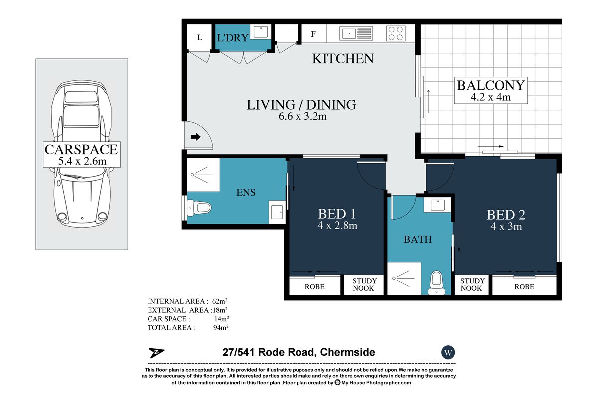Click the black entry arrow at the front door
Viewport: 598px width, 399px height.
tap(196, 137)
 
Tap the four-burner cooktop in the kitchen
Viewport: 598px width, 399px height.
tap(396, 33)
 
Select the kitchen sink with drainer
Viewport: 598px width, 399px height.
tap(356, 34)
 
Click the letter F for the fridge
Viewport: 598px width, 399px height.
tap(313, 34)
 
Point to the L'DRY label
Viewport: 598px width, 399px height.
tap(233, 38)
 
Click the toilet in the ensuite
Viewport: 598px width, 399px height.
tap(199, 207)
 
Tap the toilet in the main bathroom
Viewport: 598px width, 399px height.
tap(436, 283)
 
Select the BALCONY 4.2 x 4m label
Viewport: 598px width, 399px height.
tap(491, 90)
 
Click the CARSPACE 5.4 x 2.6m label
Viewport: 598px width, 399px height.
tap(81, 154)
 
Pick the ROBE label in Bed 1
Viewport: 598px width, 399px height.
tap(315, 287)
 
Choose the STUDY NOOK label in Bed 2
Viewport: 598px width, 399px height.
tap(472, 284)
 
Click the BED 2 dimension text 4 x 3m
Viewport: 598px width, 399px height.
tap(506, 226)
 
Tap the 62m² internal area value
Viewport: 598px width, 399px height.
tap(220, 301)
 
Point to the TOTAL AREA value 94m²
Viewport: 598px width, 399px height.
tap(221, 327)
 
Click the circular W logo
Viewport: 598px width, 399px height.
tap(448, 352)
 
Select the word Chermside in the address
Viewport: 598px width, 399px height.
tap(348, 352)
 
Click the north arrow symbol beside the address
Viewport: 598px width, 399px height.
tap(156, 353)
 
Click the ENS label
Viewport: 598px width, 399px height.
tap(246, 192)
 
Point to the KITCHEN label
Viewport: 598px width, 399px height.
tap(343, 59)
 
